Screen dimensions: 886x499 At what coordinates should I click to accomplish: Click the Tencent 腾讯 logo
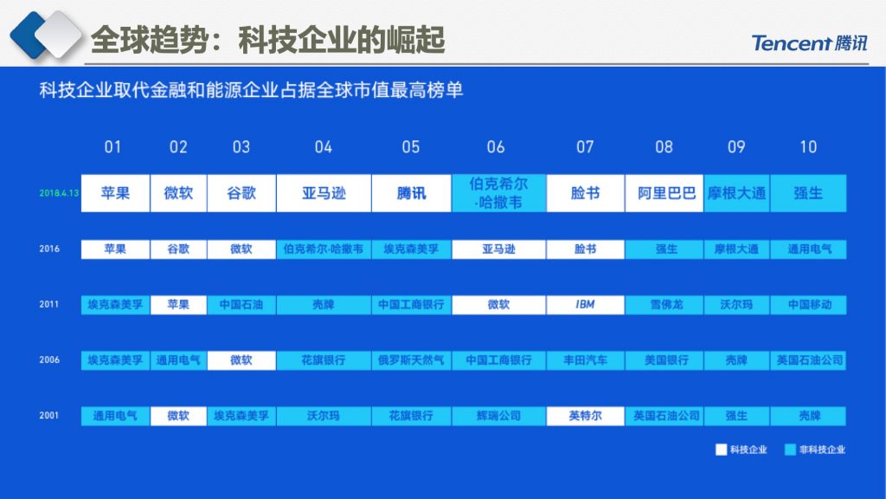tap(809, 43)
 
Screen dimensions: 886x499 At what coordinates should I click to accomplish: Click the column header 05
tap(411, 147)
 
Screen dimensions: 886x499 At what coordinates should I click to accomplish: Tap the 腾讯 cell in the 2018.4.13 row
tap(411, 193)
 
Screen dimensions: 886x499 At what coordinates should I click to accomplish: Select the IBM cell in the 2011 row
tap(586, 305)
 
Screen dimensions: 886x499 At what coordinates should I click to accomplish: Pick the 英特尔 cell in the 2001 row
tap(586, 416)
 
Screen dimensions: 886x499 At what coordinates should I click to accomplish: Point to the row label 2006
tap(49, 360)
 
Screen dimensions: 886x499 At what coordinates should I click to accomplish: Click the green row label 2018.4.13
tap(59, 193)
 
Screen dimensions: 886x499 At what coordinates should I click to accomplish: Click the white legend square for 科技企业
tap(721, 450)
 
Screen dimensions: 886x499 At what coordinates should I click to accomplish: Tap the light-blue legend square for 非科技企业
tap(790, 450)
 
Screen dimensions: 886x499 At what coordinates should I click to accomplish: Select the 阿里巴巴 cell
tap(664, 193)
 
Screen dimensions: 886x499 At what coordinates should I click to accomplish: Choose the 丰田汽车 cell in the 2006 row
tap(586, 360)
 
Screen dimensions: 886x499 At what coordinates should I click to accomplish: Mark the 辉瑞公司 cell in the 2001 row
tap(499, 416)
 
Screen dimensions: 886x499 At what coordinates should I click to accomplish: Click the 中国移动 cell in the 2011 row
tap(809, 305)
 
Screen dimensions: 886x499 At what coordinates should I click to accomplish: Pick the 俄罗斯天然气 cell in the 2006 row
tap(411, 360)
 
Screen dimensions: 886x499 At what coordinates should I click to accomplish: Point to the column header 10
tap(809, 147)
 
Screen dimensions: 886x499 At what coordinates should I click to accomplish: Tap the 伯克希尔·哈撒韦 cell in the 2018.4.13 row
tap(499, 193)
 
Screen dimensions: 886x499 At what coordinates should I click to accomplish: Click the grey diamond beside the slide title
tap(58, 35)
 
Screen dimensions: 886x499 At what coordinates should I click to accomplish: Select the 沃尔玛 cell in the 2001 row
tap(324, 416)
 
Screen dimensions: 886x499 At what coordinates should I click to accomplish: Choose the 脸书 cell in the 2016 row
tap(586, 249)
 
